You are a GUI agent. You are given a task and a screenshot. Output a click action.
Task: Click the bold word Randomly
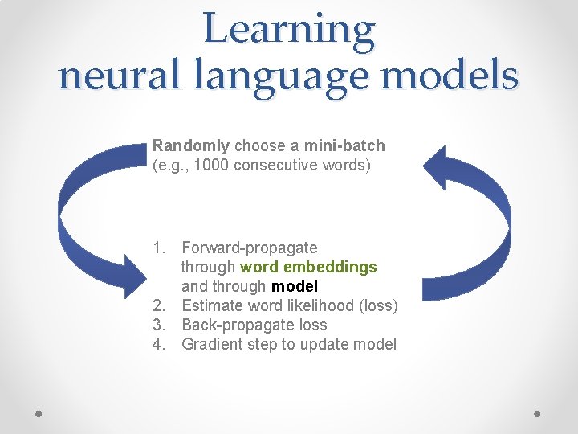pos(191,146)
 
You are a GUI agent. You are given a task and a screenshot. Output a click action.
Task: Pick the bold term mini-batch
pos(344,146)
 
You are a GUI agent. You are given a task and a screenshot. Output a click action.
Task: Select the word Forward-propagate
pos(250,248)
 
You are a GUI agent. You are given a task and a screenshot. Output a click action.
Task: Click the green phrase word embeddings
pos(308,267)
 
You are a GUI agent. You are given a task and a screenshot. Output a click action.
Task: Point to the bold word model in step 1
pos(295,286)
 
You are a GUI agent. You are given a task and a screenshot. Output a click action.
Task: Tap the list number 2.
pos(159,305)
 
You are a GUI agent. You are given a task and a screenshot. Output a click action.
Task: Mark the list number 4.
pos(159,344)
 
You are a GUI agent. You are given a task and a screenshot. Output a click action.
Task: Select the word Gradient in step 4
pos(211,344)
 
